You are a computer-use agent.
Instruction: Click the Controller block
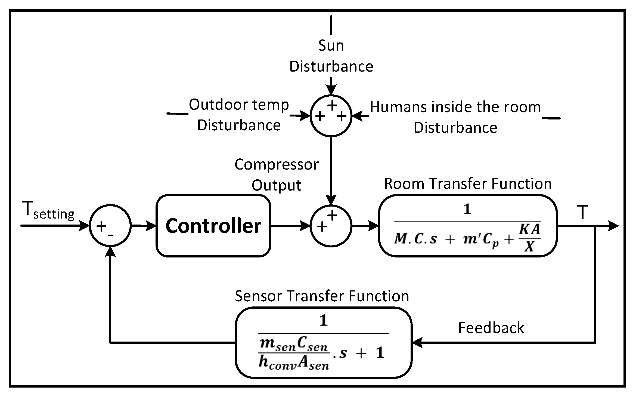(213, 226)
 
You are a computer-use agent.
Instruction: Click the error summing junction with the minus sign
(110, 226)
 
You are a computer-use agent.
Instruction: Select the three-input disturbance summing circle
(331, 116)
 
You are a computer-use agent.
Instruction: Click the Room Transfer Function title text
(468, 184)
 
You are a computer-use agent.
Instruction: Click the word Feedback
(491, 328)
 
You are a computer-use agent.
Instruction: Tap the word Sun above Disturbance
(331, 45)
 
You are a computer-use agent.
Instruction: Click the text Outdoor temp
(239, 105)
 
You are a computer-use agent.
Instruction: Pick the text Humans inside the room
(455, 107)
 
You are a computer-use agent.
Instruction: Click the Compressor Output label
(276, 175)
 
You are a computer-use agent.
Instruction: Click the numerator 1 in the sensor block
(323, 320)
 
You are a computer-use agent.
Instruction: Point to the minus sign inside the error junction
(110, 234)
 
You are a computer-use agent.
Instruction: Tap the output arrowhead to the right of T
(613, 226)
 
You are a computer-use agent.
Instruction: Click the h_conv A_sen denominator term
(294, 363)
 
